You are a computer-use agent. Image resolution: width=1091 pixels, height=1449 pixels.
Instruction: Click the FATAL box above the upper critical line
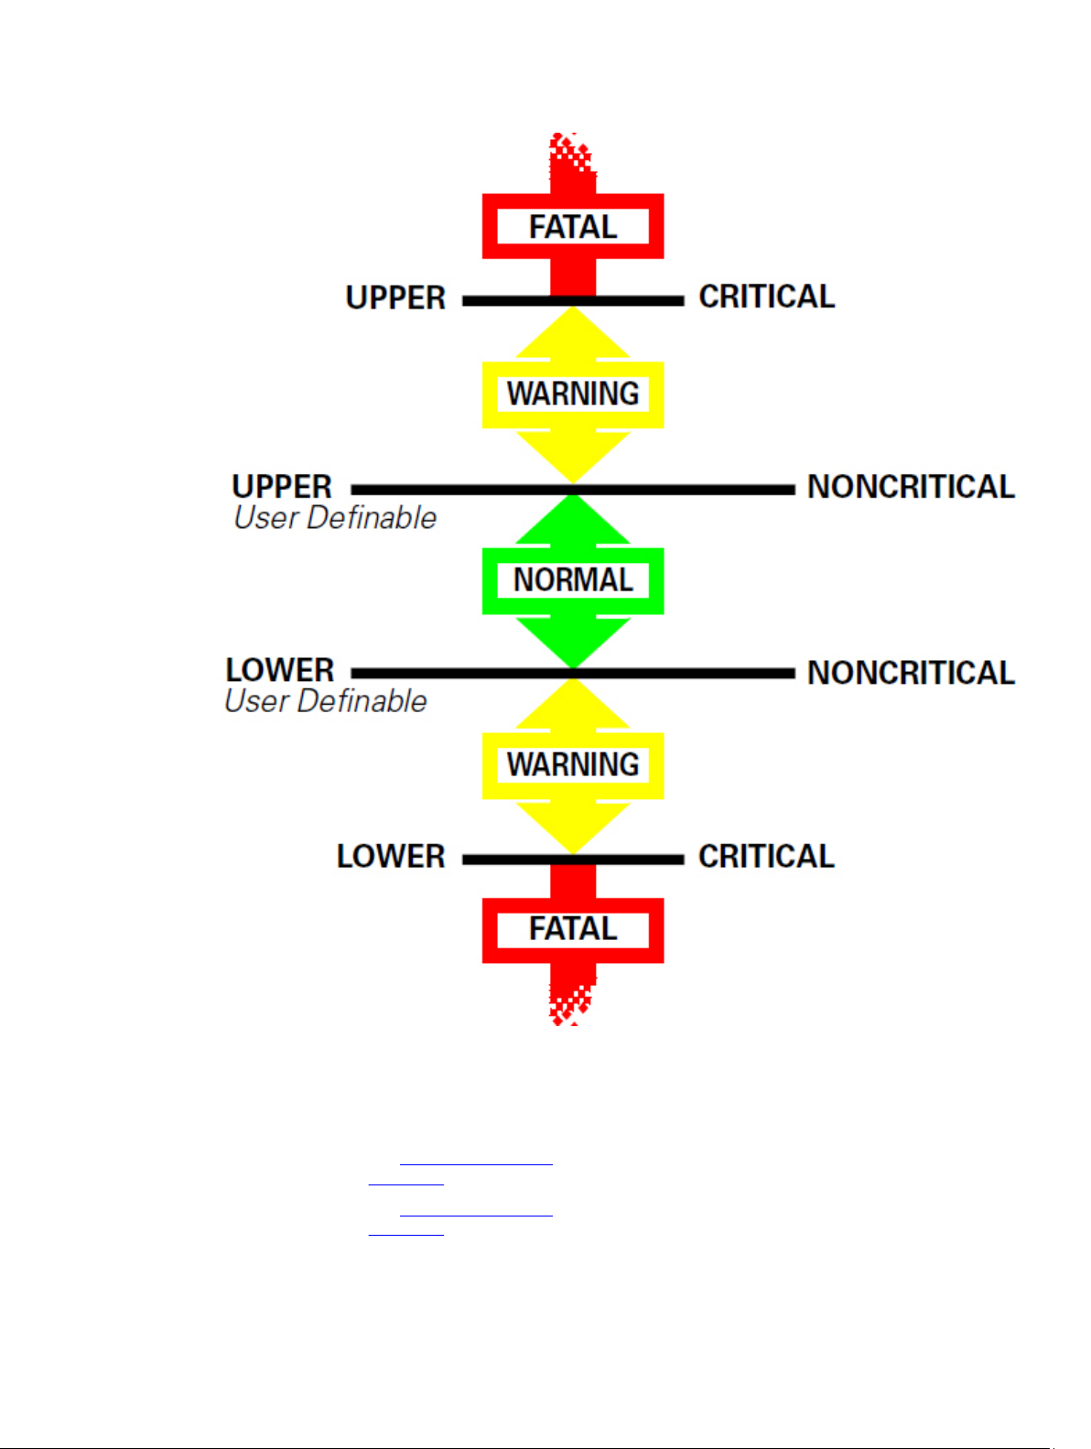pyautogui.click(x=573, y=226)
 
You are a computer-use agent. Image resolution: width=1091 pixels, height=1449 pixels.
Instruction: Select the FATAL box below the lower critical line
pyautogui.click(x=573, y=929)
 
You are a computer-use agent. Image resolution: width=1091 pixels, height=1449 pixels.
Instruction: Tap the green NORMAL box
pyautogui.click(x=573, y=580)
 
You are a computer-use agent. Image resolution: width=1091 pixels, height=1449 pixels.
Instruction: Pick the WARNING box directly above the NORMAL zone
pyautogui.click(x=573, y=395)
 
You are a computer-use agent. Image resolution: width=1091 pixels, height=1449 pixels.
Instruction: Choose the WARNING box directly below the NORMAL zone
pyautogui.click(x=573, y=765)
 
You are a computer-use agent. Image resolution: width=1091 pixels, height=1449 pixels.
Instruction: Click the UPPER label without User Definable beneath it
pyautogui.click(x=395, y=298)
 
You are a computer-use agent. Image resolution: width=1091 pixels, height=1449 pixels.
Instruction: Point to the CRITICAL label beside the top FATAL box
pyautogui.click(x=767, y=297)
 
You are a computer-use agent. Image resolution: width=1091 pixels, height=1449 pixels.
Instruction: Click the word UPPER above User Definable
pyautogui.click(x=282, y=486)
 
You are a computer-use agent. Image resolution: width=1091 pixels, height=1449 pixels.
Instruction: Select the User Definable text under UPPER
pyautogui.click(x=335, y=518)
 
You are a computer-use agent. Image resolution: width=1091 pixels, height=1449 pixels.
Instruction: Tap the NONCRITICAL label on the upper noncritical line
pyautogui.click(x=911, y=487)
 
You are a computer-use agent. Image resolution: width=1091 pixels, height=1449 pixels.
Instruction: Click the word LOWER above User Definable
pyautogui.click(x=280, y=670)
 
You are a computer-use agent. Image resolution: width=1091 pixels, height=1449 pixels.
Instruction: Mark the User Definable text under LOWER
pyautogui.click(x=326, y=701)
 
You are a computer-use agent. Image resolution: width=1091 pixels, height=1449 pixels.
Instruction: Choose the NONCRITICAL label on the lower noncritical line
pyautogui.click(x=911, y=673)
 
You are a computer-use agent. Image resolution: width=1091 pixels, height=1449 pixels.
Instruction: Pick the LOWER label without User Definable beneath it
pyautogui.click(x=391, y=857)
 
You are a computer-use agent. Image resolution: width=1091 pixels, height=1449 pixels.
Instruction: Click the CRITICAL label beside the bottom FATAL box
pyautogui.click(x=767, y=857)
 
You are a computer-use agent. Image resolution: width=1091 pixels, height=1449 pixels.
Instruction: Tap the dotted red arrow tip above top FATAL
pyautogui.click(x=571, y=156)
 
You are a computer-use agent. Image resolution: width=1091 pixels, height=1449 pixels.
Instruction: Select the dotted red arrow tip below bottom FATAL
pyautogui.click(x=570, y=1002)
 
